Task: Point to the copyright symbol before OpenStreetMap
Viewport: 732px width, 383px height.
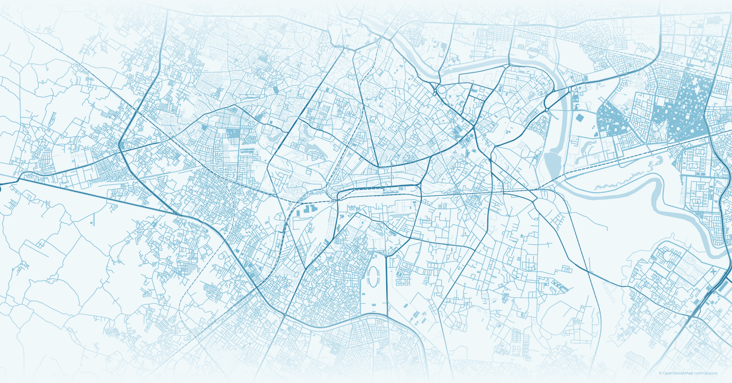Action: [660, 373]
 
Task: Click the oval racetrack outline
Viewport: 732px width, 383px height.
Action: [373, 277]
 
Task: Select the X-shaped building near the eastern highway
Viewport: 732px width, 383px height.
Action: [713, 272]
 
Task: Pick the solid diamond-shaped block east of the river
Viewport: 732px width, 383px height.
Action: [579, 118]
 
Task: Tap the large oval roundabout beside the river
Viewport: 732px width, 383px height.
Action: [442, 91]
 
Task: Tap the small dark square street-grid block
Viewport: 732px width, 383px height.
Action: [232, 133]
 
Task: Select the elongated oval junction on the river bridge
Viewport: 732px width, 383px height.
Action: [570, 89]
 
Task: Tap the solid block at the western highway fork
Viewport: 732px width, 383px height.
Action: [122, 145]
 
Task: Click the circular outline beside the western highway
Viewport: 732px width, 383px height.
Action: [65, 179]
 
